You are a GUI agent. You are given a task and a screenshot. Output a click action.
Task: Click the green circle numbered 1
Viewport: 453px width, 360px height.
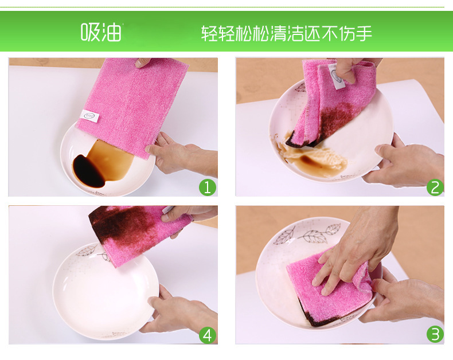point(208,187)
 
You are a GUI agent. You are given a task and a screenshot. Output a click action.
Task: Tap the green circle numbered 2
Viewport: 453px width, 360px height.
point(435,187)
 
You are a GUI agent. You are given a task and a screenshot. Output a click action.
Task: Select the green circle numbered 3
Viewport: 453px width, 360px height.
point(435,334)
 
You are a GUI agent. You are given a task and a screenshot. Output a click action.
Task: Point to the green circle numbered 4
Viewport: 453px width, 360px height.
point(208,335)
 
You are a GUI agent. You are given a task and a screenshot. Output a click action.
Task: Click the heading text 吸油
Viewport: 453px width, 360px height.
point(101,32)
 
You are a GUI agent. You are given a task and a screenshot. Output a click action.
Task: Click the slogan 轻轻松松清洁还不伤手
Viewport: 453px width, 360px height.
point(286,33)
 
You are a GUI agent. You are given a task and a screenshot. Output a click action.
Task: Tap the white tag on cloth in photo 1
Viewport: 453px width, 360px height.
point(89,115)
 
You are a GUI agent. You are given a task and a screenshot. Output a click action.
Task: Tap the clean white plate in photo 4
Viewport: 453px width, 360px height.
point(106,292)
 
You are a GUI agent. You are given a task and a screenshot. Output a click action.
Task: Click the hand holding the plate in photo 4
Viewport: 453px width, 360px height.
point(179,312)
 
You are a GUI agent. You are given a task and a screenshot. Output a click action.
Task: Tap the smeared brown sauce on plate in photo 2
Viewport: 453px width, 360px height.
point(312,156)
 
